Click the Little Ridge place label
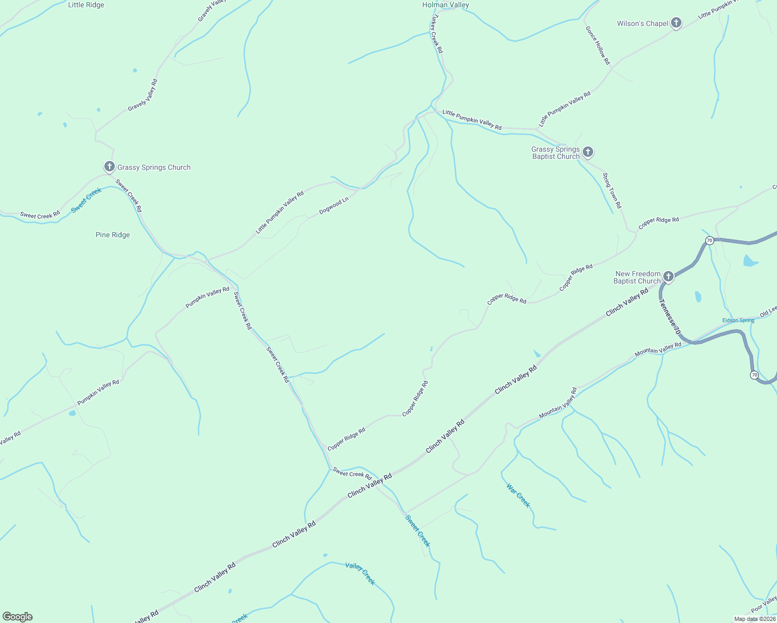tap(86, 5)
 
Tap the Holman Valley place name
tap(446, 5)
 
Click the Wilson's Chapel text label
tap(642, 23)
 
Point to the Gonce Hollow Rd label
tap(597, 46)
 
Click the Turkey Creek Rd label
tap(435, 34)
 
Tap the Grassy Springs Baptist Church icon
tap(587, 152)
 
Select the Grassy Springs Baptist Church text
tap(555, 153)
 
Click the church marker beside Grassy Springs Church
tap(109, 166)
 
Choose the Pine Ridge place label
tap(113, 235)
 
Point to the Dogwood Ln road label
tap(333, 206)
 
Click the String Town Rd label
tap(612, 191)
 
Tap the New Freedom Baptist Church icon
tap(668, 276)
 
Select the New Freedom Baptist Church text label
tap(638, 277)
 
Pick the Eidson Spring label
tap(738, 320)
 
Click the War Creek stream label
tap(518, 496)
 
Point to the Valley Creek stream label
tap(360, 573)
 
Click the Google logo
tap(18, 617)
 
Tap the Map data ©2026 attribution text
tap(755, 619)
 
